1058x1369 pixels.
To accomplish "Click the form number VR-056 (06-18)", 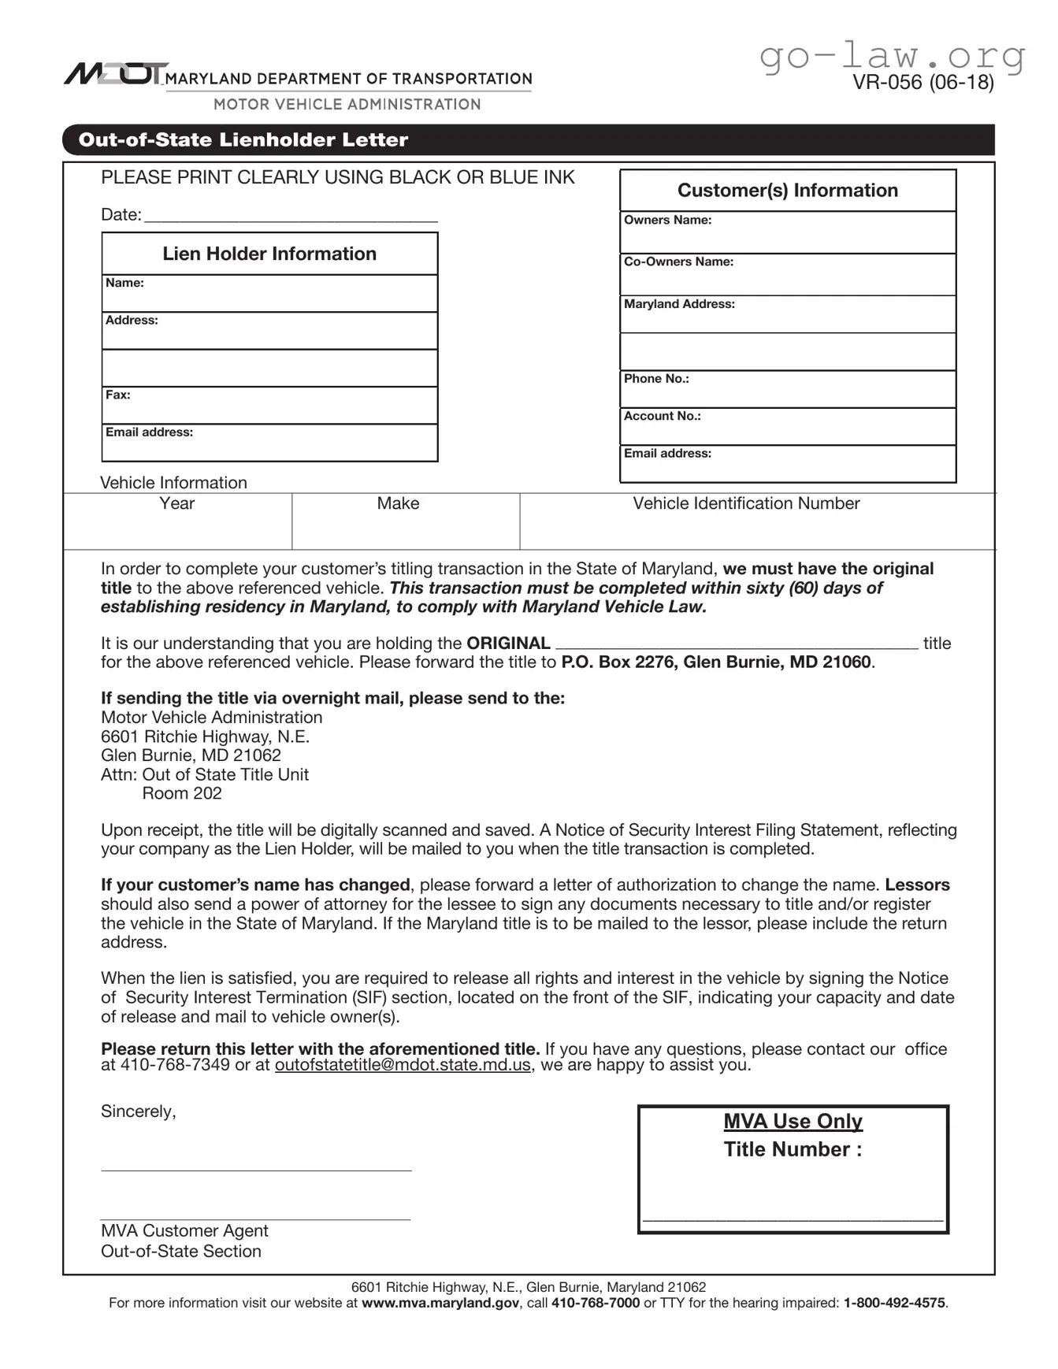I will [x=923, y=82].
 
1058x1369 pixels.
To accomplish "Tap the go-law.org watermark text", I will [x=892, y=56].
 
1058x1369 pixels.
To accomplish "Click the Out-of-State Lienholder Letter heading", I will [x=243, y=140].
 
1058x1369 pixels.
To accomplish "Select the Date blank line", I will [x=291, y=216].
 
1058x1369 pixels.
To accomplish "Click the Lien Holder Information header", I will [x=269, y=254].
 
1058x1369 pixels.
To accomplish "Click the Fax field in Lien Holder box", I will [x=269, y=406].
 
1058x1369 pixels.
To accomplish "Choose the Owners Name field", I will [x=788, y=233].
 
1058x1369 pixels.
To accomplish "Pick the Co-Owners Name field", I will [x=788, y=275].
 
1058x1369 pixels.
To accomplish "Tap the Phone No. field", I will [x=788, y=390].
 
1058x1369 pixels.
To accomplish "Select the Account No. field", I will [x=788, y=427].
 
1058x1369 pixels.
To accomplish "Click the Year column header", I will [x=176, y=503].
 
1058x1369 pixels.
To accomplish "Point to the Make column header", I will [x=398, y=503].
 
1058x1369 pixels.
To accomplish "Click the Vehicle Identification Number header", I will [x=746, y=503].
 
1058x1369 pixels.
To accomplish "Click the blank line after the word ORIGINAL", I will [x=737, y=644].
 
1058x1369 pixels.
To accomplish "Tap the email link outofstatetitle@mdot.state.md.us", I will [x=403, y=1066].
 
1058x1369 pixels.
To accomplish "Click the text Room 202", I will [x=182, y=794].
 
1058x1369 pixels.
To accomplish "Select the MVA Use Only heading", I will [x=793, y=1121].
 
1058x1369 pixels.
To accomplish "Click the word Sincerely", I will [x=138, y=1111].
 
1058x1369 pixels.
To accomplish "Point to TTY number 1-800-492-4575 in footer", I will [x=894, y=1303].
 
